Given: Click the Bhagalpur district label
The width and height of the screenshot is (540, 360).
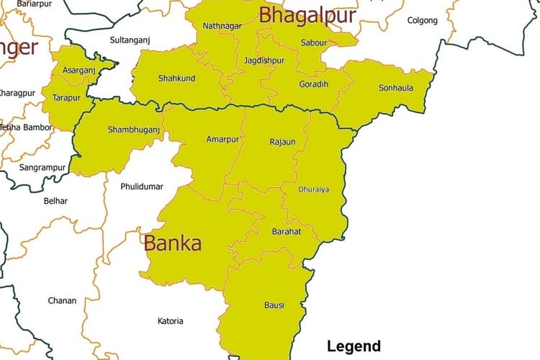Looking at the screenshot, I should pyautogui.click(x=307, y=15).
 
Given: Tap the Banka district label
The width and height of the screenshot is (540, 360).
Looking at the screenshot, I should pyautogui.click(x=173, y=243).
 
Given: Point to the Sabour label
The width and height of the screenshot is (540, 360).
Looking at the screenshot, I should pyautogui.click(x=313, y=42).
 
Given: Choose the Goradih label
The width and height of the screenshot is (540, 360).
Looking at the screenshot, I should pyautogui.click(x=313, y=84).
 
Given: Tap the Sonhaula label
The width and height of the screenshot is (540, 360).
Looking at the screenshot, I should pyautogui.click(x=396, y=89).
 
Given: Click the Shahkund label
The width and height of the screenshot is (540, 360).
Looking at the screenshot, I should pyautogui.click(x=176, y=78).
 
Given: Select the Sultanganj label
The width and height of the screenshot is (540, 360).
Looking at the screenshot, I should pyautogui.click(x=130, y=40).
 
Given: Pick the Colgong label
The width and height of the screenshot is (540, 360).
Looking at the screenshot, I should pyautogui.click(x=422, y=20).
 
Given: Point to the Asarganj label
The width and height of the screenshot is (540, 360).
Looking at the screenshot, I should pyautogui.click(x=78, y=71).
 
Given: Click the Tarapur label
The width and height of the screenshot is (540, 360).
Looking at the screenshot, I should pyautogui.click(x=67, y=97).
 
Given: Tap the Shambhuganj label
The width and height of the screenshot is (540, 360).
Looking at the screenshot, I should pyautogui.click(x=133, y=130).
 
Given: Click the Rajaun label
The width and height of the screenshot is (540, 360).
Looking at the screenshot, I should pyautogui.click(x=282, y=142).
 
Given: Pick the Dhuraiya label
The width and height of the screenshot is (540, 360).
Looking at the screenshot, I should pyautogui.click(x=313, y=189).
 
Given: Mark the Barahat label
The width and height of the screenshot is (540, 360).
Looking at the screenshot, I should pyautogui.click(x=287, y=232).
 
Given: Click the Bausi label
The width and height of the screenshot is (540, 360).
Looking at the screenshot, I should pyautogui.click(x=274, y=305).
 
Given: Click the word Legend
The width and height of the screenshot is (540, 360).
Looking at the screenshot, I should pyautogui.click(x=354, y=346).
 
